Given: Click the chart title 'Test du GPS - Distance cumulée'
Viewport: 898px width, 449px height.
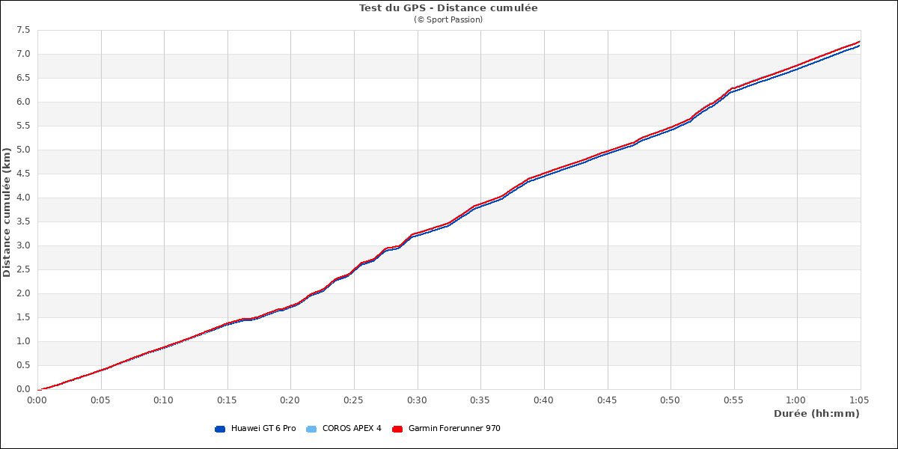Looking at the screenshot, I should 448,8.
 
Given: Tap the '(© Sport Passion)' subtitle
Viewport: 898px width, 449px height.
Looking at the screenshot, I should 448,19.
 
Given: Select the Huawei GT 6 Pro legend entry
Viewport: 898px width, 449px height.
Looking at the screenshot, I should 263,429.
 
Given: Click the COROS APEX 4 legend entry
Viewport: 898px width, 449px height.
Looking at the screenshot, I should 351,429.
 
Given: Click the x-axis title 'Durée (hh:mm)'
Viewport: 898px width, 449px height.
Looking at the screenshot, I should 816,413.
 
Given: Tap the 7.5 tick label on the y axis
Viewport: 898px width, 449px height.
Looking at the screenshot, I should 22,30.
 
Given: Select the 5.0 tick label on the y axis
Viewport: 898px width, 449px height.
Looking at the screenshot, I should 22,150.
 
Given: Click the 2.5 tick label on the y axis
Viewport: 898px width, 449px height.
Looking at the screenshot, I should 22,269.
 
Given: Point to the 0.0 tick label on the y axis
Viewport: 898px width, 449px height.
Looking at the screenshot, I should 22,389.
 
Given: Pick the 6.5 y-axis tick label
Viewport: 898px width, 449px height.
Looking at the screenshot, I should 22,78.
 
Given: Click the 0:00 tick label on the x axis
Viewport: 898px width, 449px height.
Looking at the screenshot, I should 37,400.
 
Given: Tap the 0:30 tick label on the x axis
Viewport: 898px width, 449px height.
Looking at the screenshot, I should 417,400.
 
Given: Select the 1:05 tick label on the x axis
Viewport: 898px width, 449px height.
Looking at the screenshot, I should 860,400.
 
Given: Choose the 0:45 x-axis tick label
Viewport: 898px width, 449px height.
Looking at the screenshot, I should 607,400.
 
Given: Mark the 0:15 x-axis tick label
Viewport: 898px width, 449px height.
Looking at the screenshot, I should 227,400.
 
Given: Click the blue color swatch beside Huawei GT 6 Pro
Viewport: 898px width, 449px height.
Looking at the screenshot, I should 220,429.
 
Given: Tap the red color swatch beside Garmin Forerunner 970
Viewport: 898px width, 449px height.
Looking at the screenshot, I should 397,429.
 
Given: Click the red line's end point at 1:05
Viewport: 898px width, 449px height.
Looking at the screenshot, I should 860,42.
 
